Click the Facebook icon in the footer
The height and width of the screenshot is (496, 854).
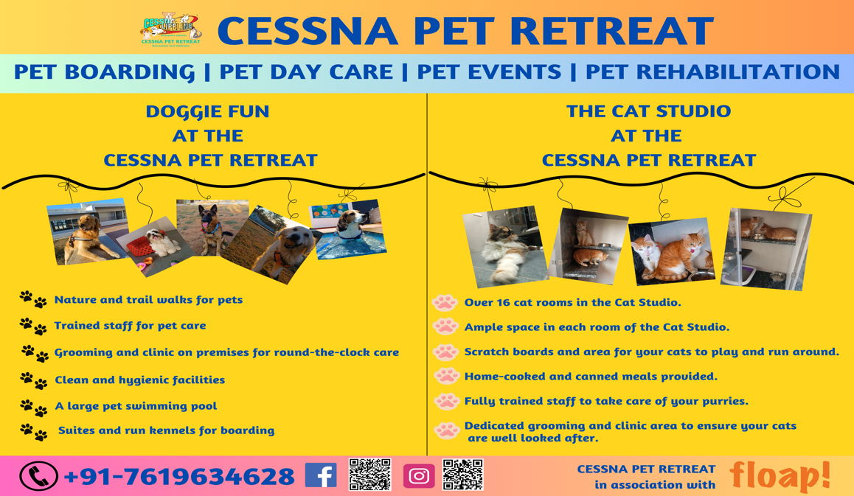[x=321, y=475]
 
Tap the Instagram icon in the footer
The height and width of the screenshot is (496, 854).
[x=419, y=476]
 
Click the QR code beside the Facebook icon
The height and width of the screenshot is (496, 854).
[x=370, y=475]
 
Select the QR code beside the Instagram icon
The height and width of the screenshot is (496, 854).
[x=463, y=475]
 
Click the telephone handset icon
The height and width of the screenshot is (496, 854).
[x=38, y=476]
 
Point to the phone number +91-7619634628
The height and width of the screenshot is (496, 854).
[x=179, y=477]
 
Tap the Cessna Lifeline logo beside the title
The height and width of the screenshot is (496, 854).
[x=170, y=29]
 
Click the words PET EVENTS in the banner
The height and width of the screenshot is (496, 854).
[x=488, y=72]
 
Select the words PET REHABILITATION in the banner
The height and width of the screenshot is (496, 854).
[x=712, y=72]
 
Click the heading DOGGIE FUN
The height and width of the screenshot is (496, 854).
[x=207, y=111]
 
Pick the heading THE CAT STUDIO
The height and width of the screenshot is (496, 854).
[x=649, y=111]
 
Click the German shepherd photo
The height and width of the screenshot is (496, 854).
[x=212, y=227]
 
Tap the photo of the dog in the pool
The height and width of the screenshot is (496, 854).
[x=348, y=229]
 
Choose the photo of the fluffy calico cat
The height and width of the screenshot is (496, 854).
[x=505, y=247]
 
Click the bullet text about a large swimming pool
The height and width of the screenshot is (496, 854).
[x=136, y=406]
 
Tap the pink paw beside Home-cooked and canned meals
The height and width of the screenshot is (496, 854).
[x=447, y=376]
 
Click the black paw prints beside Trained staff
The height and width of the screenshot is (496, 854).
[x=32, y=326]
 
